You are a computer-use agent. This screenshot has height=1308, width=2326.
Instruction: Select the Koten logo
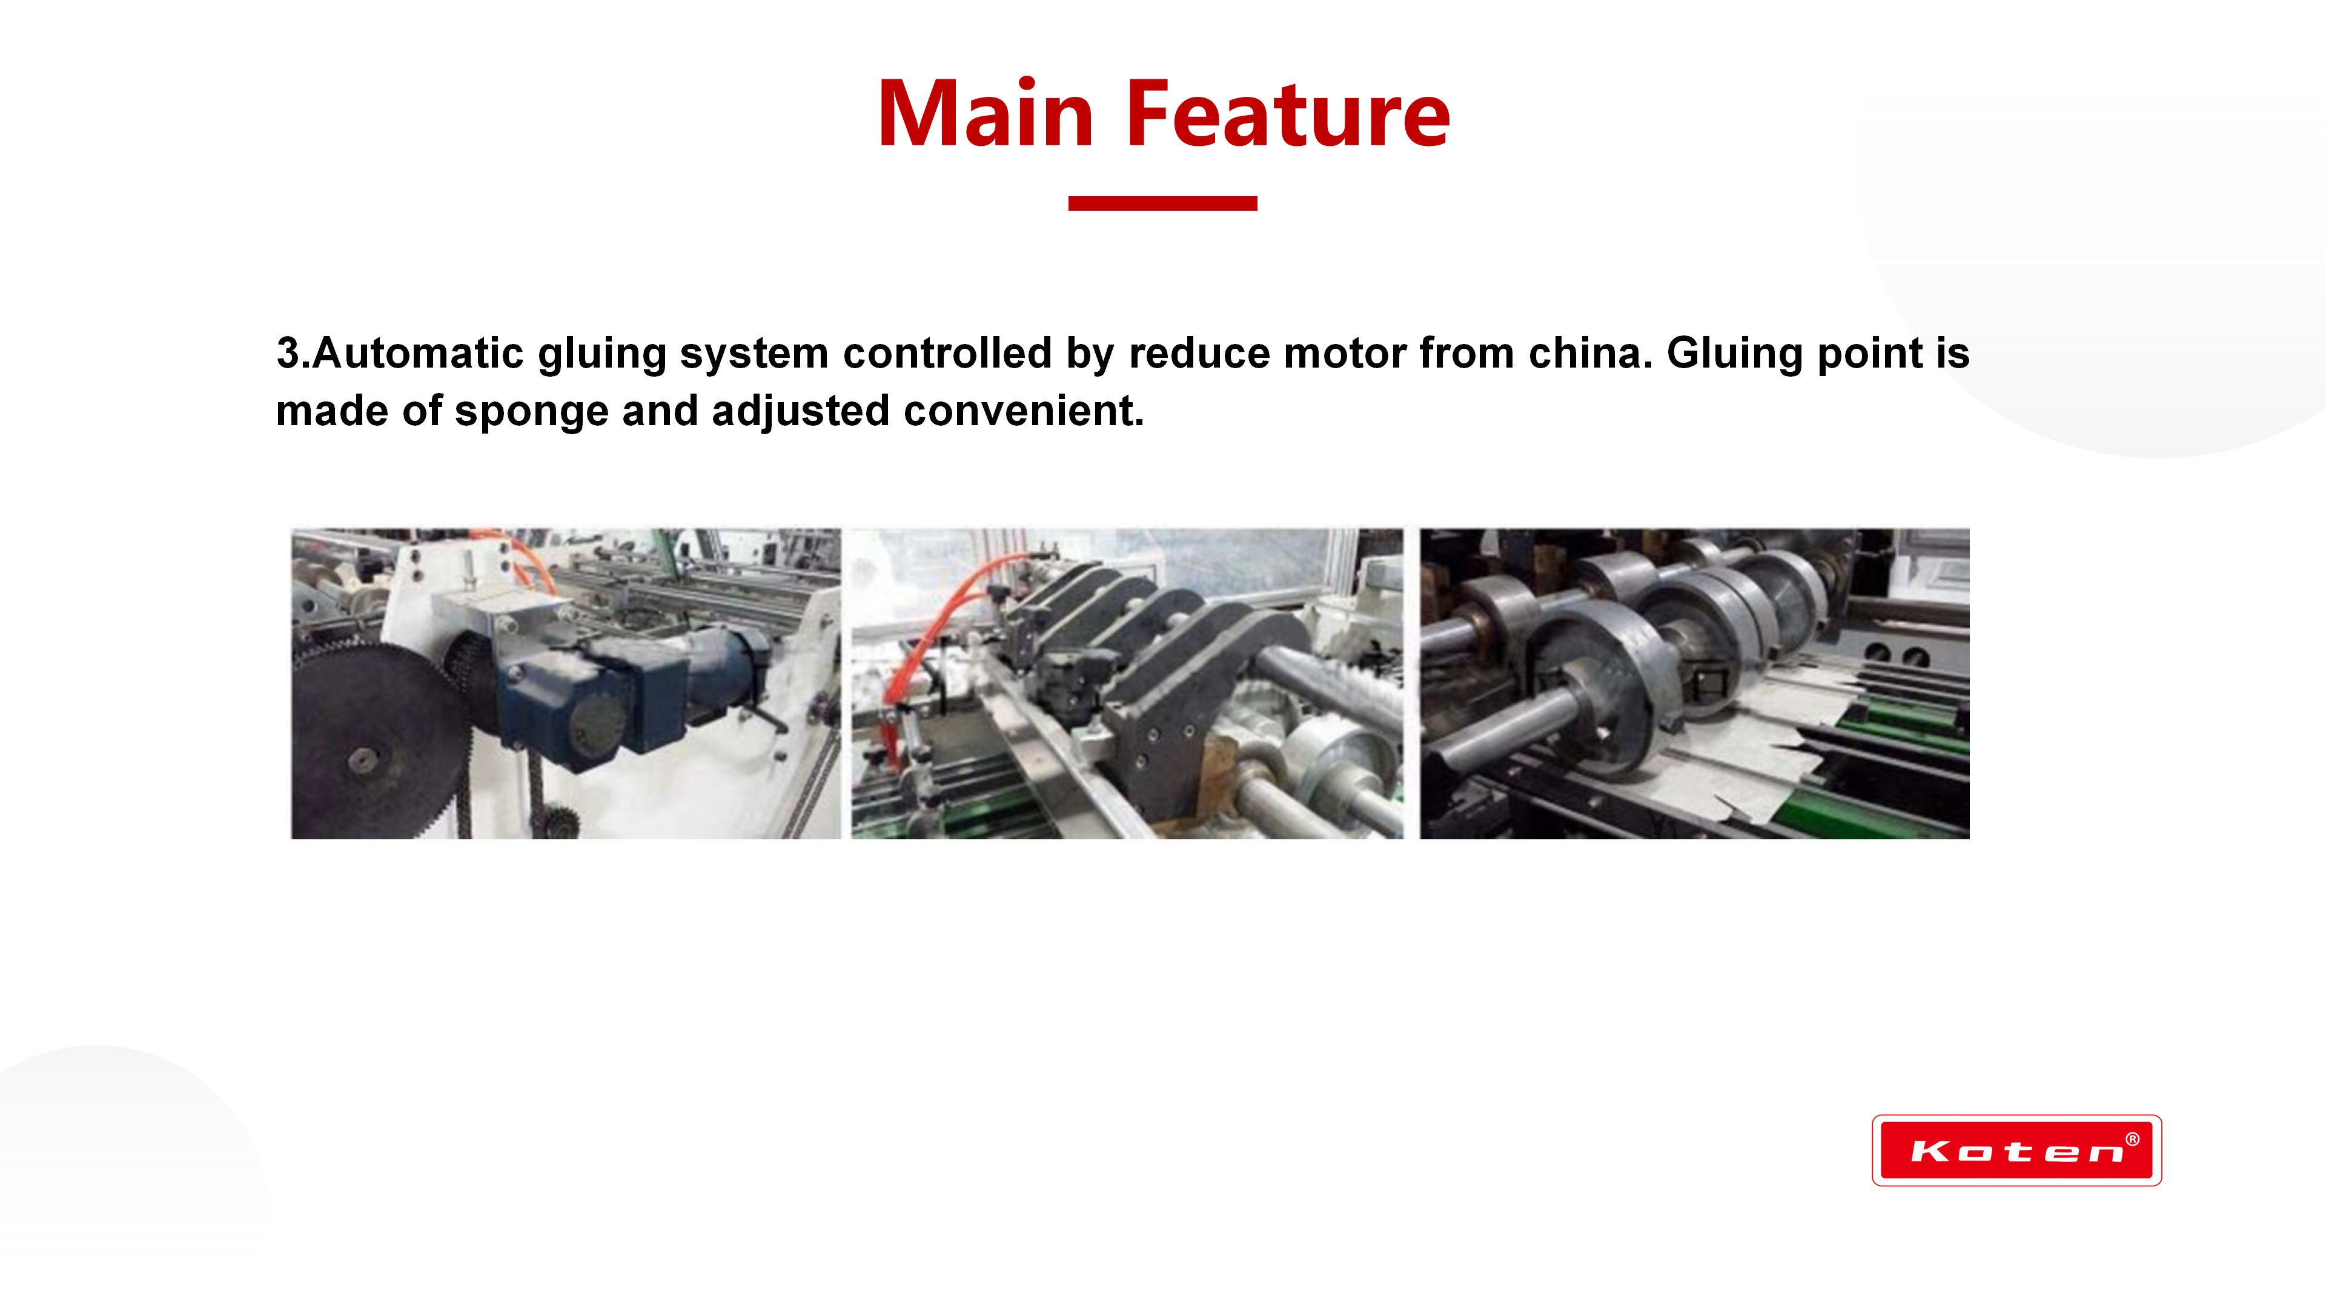(x=2016, y=1150)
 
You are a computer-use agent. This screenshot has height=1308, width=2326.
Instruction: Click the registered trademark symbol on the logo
(x=2132, y=1139)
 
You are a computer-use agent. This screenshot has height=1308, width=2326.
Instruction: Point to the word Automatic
(x=418, y=353)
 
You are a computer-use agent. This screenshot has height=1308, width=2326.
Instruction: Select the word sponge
(x=532, y=412)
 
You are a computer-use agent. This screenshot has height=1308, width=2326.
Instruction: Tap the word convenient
(x=1024, y=412)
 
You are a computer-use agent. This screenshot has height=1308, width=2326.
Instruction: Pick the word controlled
(x=947, y=353)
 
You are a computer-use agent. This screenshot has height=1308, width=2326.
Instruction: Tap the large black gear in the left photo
(x=379, y=740)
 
